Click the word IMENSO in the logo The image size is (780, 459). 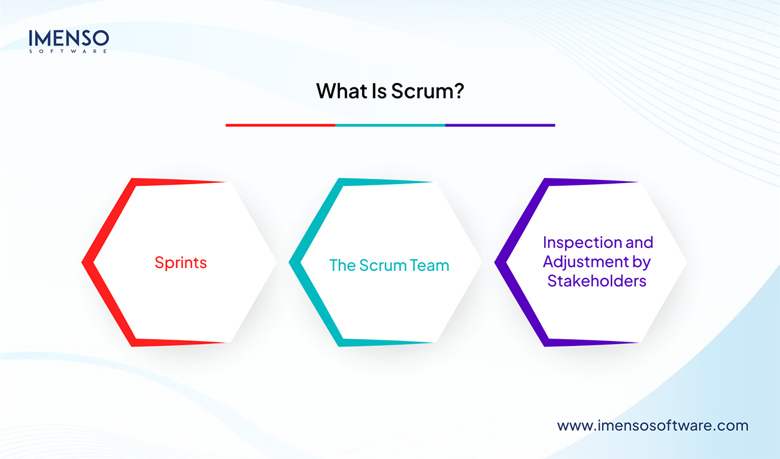point(69,39)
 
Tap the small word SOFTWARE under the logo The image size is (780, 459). point(69,51)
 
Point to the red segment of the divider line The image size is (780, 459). point(280,125)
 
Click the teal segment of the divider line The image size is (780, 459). point(390,125)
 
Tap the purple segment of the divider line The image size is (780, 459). point(500,125)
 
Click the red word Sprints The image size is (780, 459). point(180,262)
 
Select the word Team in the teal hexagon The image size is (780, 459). point(429,265)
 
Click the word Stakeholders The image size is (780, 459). point(597,281)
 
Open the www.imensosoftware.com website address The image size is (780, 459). point(652,425)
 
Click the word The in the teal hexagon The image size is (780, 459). point(342,265)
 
